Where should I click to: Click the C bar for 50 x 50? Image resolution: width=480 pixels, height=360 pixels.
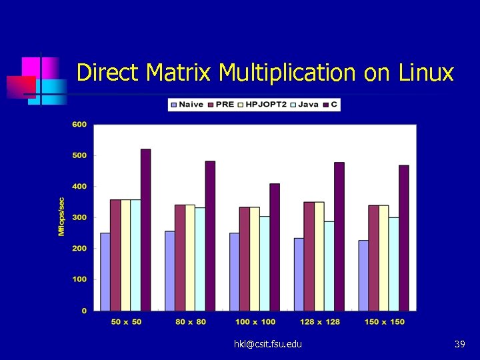(145, 230)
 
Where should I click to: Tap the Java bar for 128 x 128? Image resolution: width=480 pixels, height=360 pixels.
(329, 266)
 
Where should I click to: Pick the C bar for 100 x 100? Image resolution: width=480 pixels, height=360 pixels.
(274, 247)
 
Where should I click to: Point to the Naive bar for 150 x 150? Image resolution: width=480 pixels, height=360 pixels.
(363, 275)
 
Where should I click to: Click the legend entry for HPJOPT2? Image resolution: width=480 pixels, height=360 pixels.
(266, 105)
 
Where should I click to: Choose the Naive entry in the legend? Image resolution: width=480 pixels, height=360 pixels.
(187, 105)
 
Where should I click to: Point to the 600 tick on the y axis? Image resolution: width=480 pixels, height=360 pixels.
(79, 125)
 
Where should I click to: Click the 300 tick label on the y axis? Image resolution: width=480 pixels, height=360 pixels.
(79, 217)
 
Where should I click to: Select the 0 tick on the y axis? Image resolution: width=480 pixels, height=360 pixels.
(84, 311)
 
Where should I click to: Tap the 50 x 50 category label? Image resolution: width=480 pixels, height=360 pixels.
(126, 322)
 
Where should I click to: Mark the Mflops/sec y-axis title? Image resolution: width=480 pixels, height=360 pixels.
(61, 216)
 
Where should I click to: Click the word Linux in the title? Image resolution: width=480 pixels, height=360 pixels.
(426, 72)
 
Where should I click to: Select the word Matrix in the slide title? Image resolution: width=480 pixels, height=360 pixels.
(181, 72)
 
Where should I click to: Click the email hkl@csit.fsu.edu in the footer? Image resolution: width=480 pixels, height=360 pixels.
(267, 344)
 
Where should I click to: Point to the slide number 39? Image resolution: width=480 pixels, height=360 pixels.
(459, 344)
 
